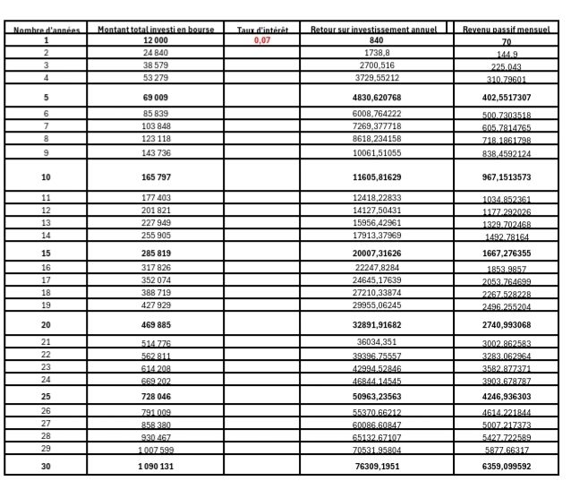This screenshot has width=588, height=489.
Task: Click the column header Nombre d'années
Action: tap(47, 30)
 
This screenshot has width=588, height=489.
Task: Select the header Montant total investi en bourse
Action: tap(156, 30)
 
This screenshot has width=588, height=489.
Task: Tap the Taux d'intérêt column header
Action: tap(261, 30)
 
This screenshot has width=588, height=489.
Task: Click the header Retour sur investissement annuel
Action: tap(374, 30)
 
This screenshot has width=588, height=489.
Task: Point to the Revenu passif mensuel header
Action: tap(507, 30)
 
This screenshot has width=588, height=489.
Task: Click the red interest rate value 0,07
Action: tap(261, 41)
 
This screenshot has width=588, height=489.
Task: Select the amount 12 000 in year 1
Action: tap(156, 41)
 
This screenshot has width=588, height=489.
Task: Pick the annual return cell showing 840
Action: tap(375, 41)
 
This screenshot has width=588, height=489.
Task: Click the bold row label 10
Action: tap(47, 177)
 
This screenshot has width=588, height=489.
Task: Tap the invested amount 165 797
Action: tap(156, 177)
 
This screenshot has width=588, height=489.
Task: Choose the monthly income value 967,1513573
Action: tap(507, 177)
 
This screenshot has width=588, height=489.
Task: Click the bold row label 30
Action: tap(47, 466)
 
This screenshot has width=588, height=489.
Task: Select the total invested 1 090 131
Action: tap(156, 466)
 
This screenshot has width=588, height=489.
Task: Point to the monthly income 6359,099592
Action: tap(507, 466)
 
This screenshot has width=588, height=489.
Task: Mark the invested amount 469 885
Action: tap(156, 324)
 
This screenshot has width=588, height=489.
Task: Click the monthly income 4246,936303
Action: tap(507, 395)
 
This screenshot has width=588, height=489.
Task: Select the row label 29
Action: tap(47, 449)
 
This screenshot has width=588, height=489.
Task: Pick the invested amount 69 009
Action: tap(156, 97)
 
